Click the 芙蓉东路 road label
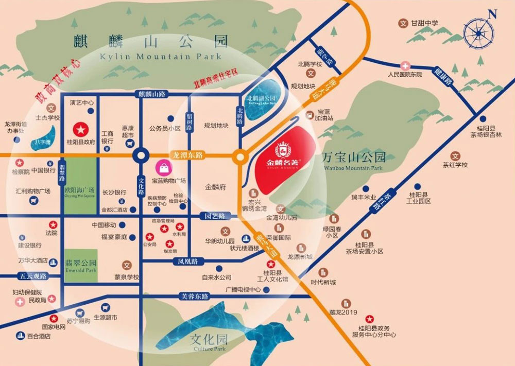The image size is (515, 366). tap(195, 297)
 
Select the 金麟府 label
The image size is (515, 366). tap(215, 187)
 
